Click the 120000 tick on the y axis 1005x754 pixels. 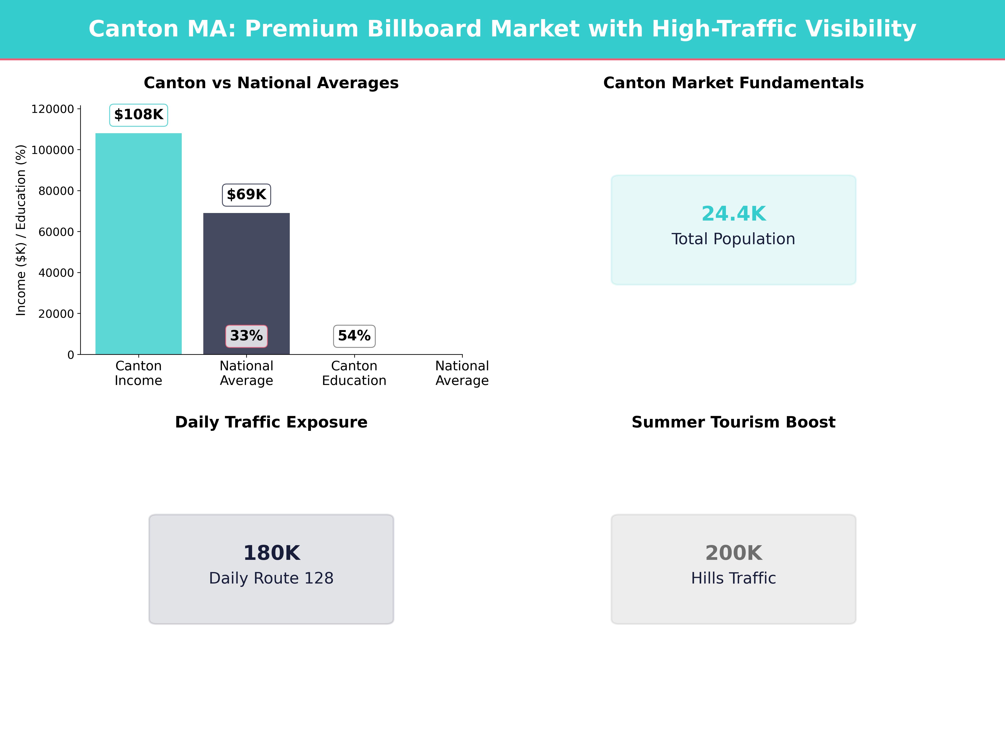(52, 109)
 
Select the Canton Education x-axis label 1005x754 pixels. (354, 373)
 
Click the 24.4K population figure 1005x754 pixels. (733, 214)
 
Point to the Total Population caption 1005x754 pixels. (733, 239)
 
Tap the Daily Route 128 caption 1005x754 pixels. (271, 578)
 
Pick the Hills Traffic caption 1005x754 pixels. (733, 578)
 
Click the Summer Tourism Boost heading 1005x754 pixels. (733, 422)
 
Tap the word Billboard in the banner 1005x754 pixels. (424, 29)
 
